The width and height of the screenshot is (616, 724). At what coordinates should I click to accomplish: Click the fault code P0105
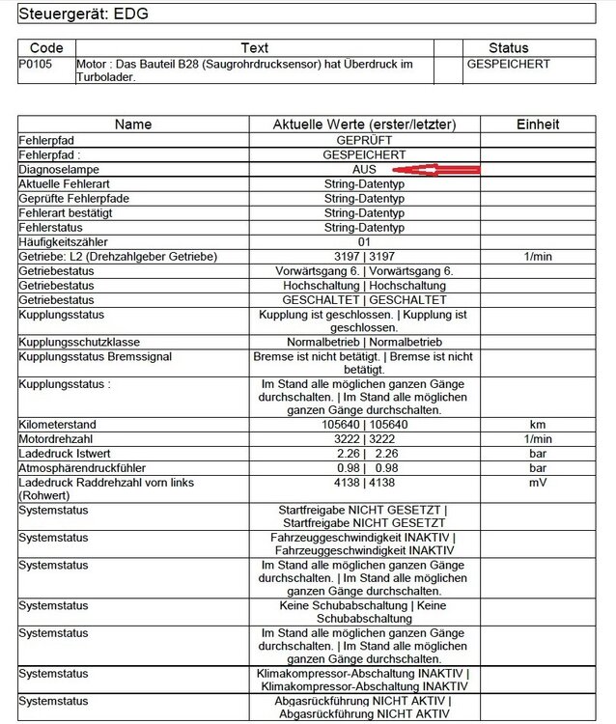click(37, 64)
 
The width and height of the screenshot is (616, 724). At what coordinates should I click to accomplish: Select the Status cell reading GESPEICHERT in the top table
click(508, 64)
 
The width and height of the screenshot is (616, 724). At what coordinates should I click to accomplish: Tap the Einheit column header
click(537, 125)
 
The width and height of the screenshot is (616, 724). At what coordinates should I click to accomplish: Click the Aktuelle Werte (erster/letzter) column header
click(364, 125)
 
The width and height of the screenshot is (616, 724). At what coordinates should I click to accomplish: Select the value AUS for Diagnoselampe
click(364, 169)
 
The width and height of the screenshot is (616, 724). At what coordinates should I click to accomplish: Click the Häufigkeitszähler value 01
click(364, 241)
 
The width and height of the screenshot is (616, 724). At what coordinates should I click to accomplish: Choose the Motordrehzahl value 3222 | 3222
click(364, 439)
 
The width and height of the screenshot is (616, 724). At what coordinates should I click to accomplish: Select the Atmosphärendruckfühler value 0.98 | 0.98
click(364, 468)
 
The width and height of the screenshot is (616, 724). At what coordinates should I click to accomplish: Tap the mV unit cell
click(538, 483)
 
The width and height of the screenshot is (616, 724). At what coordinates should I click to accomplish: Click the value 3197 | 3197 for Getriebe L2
click(364, 256)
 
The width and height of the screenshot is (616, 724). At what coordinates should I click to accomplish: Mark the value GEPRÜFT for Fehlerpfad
click(364, 140)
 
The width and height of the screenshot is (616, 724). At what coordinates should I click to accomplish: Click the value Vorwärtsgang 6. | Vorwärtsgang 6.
click(364, 271)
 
